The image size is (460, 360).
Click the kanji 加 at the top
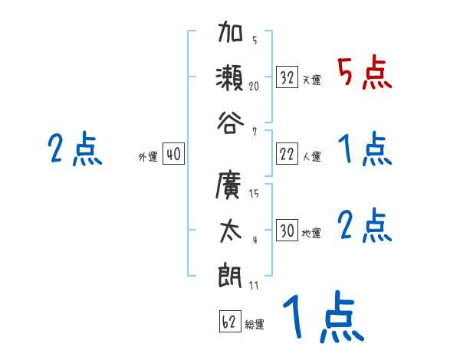[230, 34]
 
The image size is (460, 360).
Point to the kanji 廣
[230, 186]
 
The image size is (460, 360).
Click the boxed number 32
[287, 77]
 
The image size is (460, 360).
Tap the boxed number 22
[287, 154]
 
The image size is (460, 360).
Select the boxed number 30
[287, 230]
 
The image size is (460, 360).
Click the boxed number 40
[173, 154]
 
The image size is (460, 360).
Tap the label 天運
[311, 80]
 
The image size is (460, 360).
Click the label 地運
[311, 233]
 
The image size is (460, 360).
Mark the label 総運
[255, 325]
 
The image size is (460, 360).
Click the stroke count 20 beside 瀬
[254, 87]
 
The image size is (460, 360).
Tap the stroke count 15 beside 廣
[254, 194]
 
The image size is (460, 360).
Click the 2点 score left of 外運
[74, 149]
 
